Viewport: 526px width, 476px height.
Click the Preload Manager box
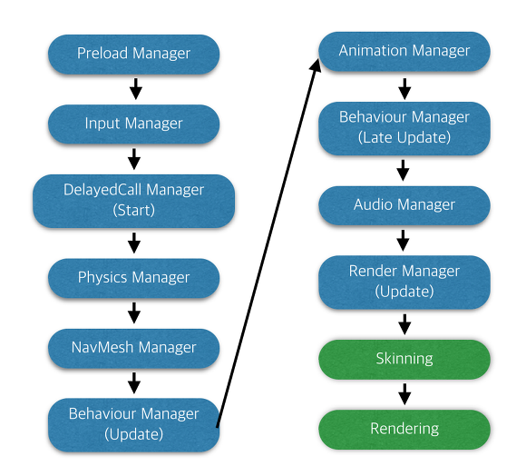[x=134, y=54]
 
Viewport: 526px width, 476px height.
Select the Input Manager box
[x=134, y=124]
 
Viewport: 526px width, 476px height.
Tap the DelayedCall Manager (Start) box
[x=134, y=201]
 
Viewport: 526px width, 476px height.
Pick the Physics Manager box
[x=134, y=278]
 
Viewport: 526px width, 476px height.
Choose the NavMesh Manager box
[x=134, y=348]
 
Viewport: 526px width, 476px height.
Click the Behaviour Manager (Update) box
[x=134, y=424]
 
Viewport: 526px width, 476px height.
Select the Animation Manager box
[x=404, y=51]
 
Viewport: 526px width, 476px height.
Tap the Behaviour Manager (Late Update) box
[x=404, y=128]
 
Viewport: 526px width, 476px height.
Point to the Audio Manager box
[x=404, y=205]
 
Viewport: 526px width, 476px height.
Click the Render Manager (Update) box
[x=404, y=283]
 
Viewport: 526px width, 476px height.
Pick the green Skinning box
[x=404, y=359]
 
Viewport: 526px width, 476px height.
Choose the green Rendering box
[x=404, y=429]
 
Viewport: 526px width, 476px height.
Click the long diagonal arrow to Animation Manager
[x=268, y=243]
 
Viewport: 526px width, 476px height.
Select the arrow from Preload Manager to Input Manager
[x=135, y=89]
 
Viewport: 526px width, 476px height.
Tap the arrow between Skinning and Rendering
[x=404, y=394]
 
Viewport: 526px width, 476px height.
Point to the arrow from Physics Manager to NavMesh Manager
[x=134, y=312]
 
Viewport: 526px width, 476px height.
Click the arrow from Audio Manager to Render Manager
[x=403, y=240]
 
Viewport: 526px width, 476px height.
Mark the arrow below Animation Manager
[x=404, y=89]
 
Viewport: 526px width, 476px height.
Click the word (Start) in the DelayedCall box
[x=134, y=211]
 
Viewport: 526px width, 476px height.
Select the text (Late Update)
[x=404, y=138]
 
